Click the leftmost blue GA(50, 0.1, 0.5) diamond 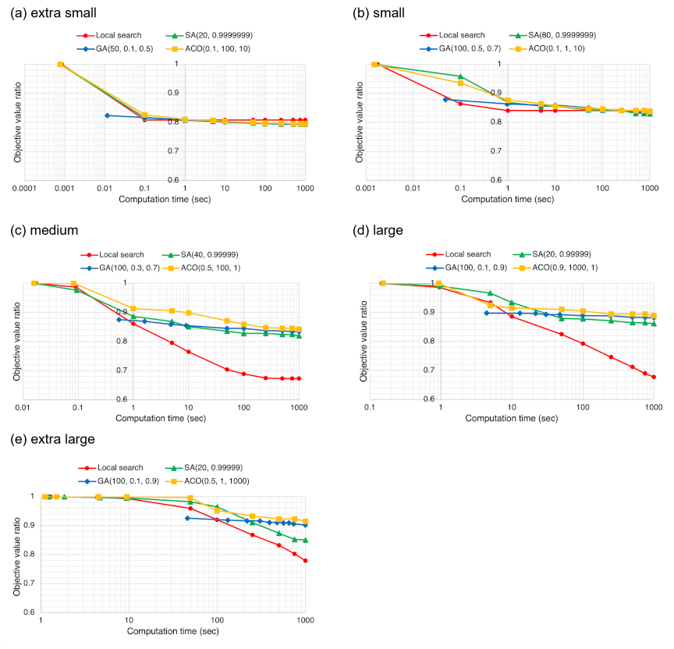pos(107,115)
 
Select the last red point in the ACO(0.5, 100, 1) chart pos(299,378)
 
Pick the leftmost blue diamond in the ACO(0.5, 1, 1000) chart pos(188,518)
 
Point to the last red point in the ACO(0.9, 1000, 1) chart pos(654,377)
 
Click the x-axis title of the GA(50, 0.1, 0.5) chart pos(165,200)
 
